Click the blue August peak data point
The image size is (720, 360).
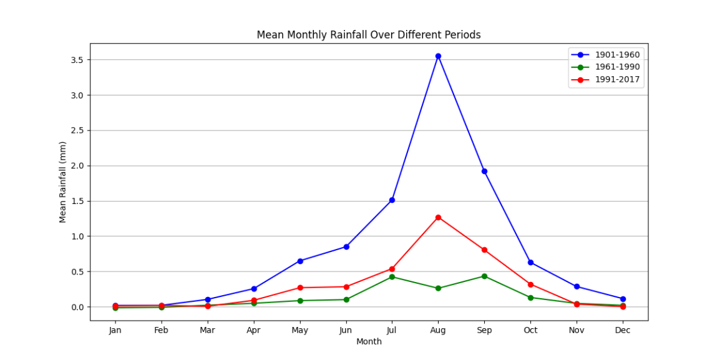point(438,56)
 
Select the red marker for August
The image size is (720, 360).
point(438,217)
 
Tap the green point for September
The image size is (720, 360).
point(484,276)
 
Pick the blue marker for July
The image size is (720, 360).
point(392,200)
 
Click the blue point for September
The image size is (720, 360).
point(484,171)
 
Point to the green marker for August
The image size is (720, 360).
point(438,288)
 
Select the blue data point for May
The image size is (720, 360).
point(300,261)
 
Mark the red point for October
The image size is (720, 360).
point(530,285)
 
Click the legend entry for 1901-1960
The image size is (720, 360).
point(616,55)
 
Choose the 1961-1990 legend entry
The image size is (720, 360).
point(616,67)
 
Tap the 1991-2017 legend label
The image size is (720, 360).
point(616,79)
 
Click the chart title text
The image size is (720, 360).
point(369,35)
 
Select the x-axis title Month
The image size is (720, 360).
point(369,342)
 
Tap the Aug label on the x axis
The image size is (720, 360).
point(438,330)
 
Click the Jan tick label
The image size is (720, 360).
point(115,330)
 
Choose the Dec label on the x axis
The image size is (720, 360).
point(623,330)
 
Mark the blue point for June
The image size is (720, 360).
point(346,246)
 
